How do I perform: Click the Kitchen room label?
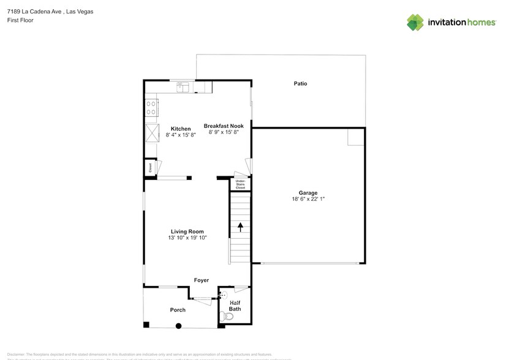(180, 128)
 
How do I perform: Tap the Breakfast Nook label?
(224, 126)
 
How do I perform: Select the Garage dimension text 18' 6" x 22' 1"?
(307, 199)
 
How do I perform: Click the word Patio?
(300, 83)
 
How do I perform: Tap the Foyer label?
(202, 280)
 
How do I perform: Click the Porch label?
(178, 310)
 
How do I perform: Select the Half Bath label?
(235, 306)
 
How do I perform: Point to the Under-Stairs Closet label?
(241, 185)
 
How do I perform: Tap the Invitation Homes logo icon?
(416, 22)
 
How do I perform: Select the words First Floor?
(20, 20)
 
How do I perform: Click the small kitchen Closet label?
(149, 167)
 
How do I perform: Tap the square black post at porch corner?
(146, 324)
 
